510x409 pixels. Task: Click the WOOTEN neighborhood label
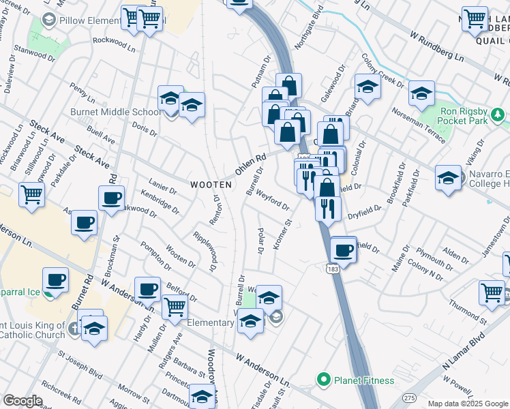pos(211,185)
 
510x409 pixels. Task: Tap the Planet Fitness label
pos(363,380)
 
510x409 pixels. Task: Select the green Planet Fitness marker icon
pos(323,380)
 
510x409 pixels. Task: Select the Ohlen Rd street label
pos(250,163)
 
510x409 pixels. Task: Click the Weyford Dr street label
pos(273,200)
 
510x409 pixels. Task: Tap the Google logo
pos(22,401)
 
